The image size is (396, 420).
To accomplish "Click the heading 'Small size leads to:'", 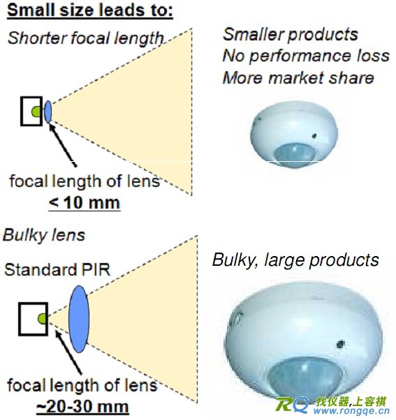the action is point(90,10).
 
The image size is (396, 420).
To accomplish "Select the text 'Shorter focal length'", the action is point(86,38).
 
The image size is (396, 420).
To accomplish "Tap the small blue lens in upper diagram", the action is point(47,112).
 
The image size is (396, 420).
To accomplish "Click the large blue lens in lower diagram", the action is point(78,319).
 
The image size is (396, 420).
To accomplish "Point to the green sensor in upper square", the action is point(36,112).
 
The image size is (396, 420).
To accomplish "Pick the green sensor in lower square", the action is point(42,319).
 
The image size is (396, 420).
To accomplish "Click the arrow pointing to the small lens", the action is point(63,145).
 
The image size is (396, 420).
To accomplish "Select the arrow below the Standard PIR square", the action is point(68,352).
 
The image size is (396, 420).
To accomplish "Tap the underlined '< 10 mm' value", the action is point(85,203).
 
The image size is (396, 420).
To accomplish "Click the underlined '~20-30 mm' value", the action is point(82,407).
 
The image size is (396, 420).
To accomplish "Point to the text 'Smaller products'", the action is point(291,35).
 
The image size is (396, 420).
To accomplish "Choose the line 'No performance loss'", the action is point(306,57).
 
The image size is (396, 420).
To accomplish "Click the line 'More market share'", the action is point(298,78).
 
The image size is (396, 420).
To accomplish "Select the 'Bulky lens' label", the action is point(44,235).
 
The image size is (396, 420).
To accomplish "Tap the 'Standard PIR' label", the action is point(57,269).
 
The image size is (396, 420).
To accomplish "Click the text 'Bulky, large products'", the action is point(295,260).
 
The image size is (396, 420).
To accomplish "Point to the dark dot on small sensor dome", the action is point(314,136).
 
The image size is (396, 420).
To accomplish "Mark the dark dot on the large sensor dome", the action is point(341,344).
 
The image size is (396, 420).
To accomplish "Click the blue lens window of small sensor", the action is point(295,156).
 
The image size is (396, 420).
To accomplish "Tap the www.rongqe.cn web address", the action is point(351,411).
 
